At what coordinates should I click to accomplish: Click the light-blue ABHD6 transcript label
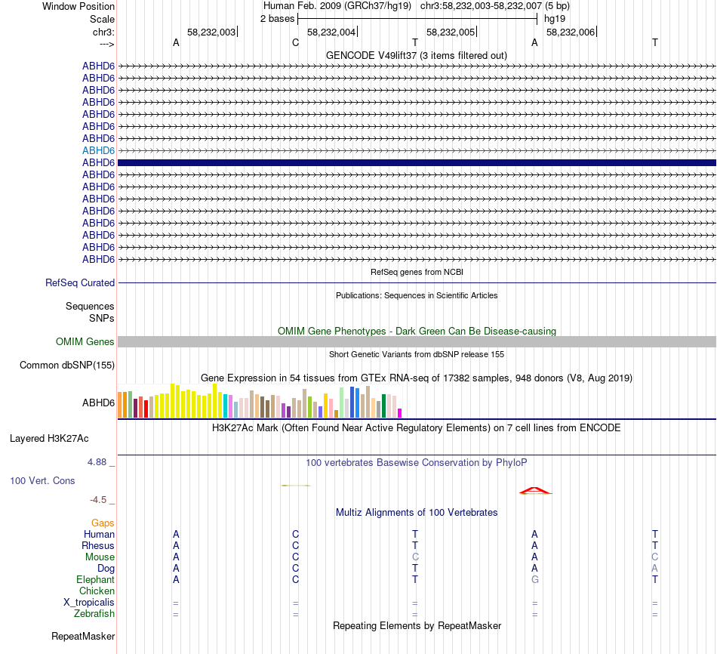[x=98, y=150]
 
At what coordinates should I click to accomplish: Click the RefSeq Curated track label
[x=80, y=283]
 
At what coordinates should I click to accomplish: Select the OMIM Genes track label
[x=85, y=342]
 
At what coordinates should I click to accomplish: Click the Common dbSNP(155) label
[x=66, y=366]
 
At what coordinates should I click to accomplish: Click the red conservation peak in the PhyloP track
[x=535, y=491]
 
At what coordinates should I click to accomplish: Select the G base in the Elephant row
[x=535, y=579]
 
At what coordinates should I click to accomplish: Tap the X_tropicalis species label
[x=89, y=603]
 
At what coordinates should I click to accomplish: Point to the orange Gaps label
[x=103, y=523]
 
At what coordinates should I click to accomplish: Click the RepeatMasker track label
[x=83, y=637]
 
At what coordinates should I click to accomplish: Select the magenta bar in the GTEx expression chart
[x=400, y=412]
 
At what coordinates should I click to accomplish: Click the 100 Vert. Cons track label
[x=43, y=481]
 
